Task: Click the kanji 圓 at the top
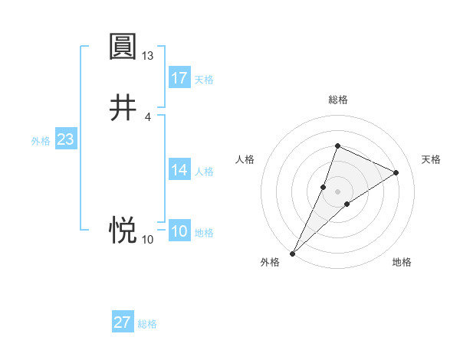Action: tap(123, 47)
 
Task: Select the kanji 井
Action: tap(123, 108)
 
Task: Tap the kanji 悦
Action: tap(123, 229)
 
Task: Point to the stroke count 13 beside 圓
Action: tap(148, 56)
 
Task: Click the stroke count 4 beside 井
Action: tap(148, 116)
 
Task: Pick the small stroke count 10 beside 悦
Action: tap(148, 240)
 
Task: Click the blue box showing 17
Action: tap(179, 78)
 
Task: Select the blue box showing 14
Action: tap(179, 170)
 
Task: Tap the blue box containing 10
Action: tap(179, 232)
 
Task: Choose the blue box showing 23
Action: tap(65, 140)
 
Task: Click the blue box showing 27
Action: tap(123, 322)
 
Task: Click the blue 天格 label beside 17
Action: tap(204, 80)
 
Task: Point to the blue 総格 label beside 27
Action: tap(147, 324)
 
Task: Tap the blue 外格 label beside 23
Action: tap(41, 141)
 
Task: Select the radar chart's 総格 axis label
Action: tap(337, 100)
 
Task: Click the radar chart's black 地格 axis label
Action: tap(402, 262)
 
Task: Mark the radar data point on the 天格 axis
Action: tap(396, 172)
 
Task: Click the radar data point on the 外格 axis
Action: tap(292, 253)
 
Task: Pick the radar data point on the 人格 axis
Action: tap(324, 186)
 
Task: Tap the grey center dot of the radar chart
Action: tap(337, 191)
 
